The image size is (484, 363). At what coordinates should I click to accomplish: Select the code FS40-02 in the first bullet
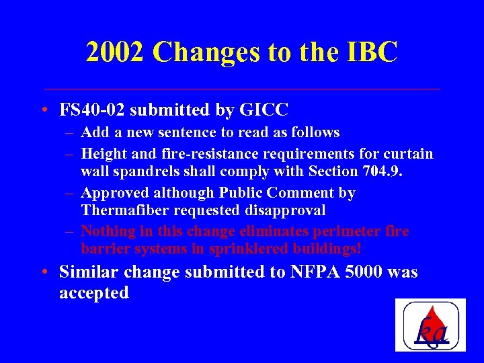pos(93,109)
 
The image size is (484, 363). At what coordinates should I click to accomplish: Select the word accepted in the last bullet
pos(94,294)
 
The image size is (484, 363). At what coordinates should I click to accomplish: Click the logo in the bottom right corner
pos(430,325)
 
